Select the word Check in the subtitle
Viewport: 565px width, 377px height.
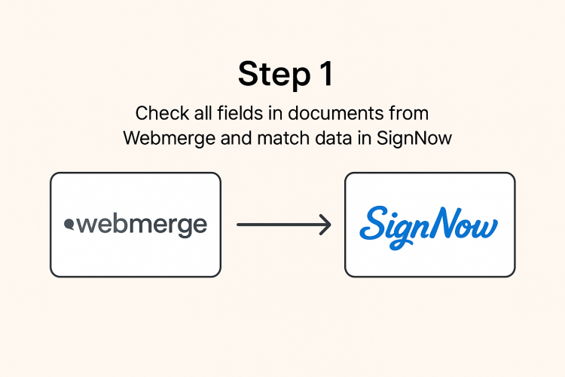pyautogui.click(x=157, y=114)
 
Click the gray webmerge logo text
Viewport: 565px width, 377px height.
pyautogui.click(x=140, y=225)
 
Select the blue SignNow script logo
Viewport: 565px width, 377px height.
pyautogui.click(x=429, y=225)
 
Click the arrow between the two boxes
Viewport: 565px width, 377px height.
pyautogui.click(x=282, y=225)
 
